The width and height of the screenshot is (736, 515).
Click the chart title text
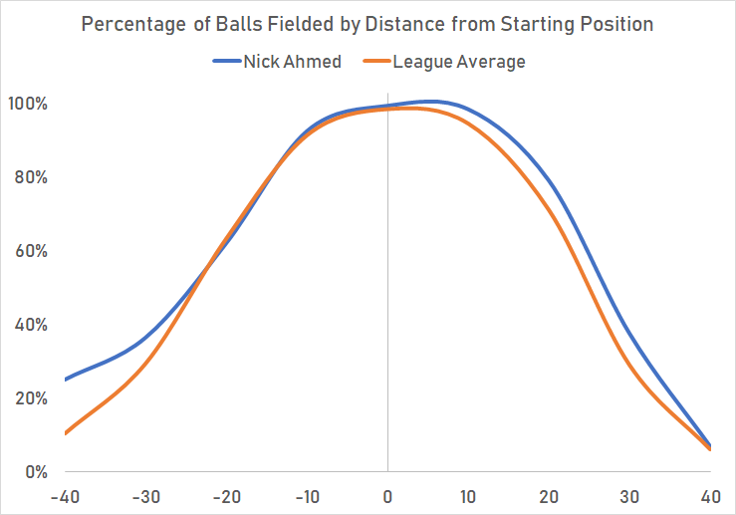point(368,24)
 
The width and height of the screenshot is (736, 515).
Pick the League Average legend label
point(458,62)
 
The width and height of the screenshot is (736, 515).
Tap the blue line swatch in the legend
point(226,62)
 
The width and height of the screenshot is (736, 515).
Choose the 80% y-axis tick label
point(34,177)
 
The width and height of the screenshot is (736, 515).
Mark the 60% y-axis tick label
point(34,251)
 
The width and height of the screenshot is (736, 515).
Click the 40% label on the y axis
point(34,325)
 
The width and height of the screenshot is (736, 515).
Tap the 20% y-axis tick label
point(34,398)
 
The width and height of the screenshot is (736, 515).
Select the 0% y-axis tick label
point(38,472)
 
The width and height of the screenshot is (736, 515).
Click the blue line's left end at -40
point(66,380)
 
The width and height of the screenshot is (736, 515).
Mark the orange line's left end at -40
point(66,433)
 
